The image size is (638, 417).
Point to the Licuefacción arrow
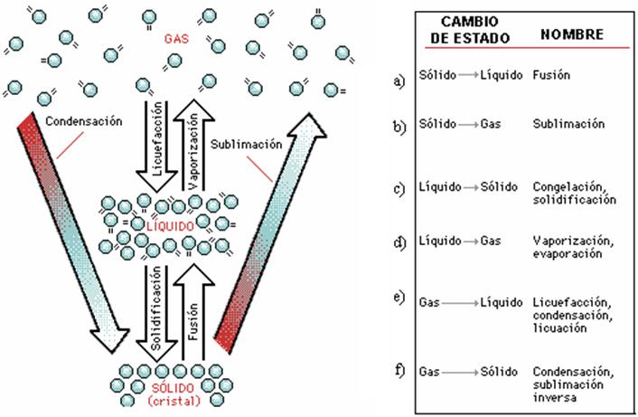[x=149, y=140]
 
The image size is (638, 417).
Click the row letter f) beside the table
[x=399, y=372]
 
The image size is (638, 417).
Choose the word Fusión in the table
[x=553, y=76]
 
